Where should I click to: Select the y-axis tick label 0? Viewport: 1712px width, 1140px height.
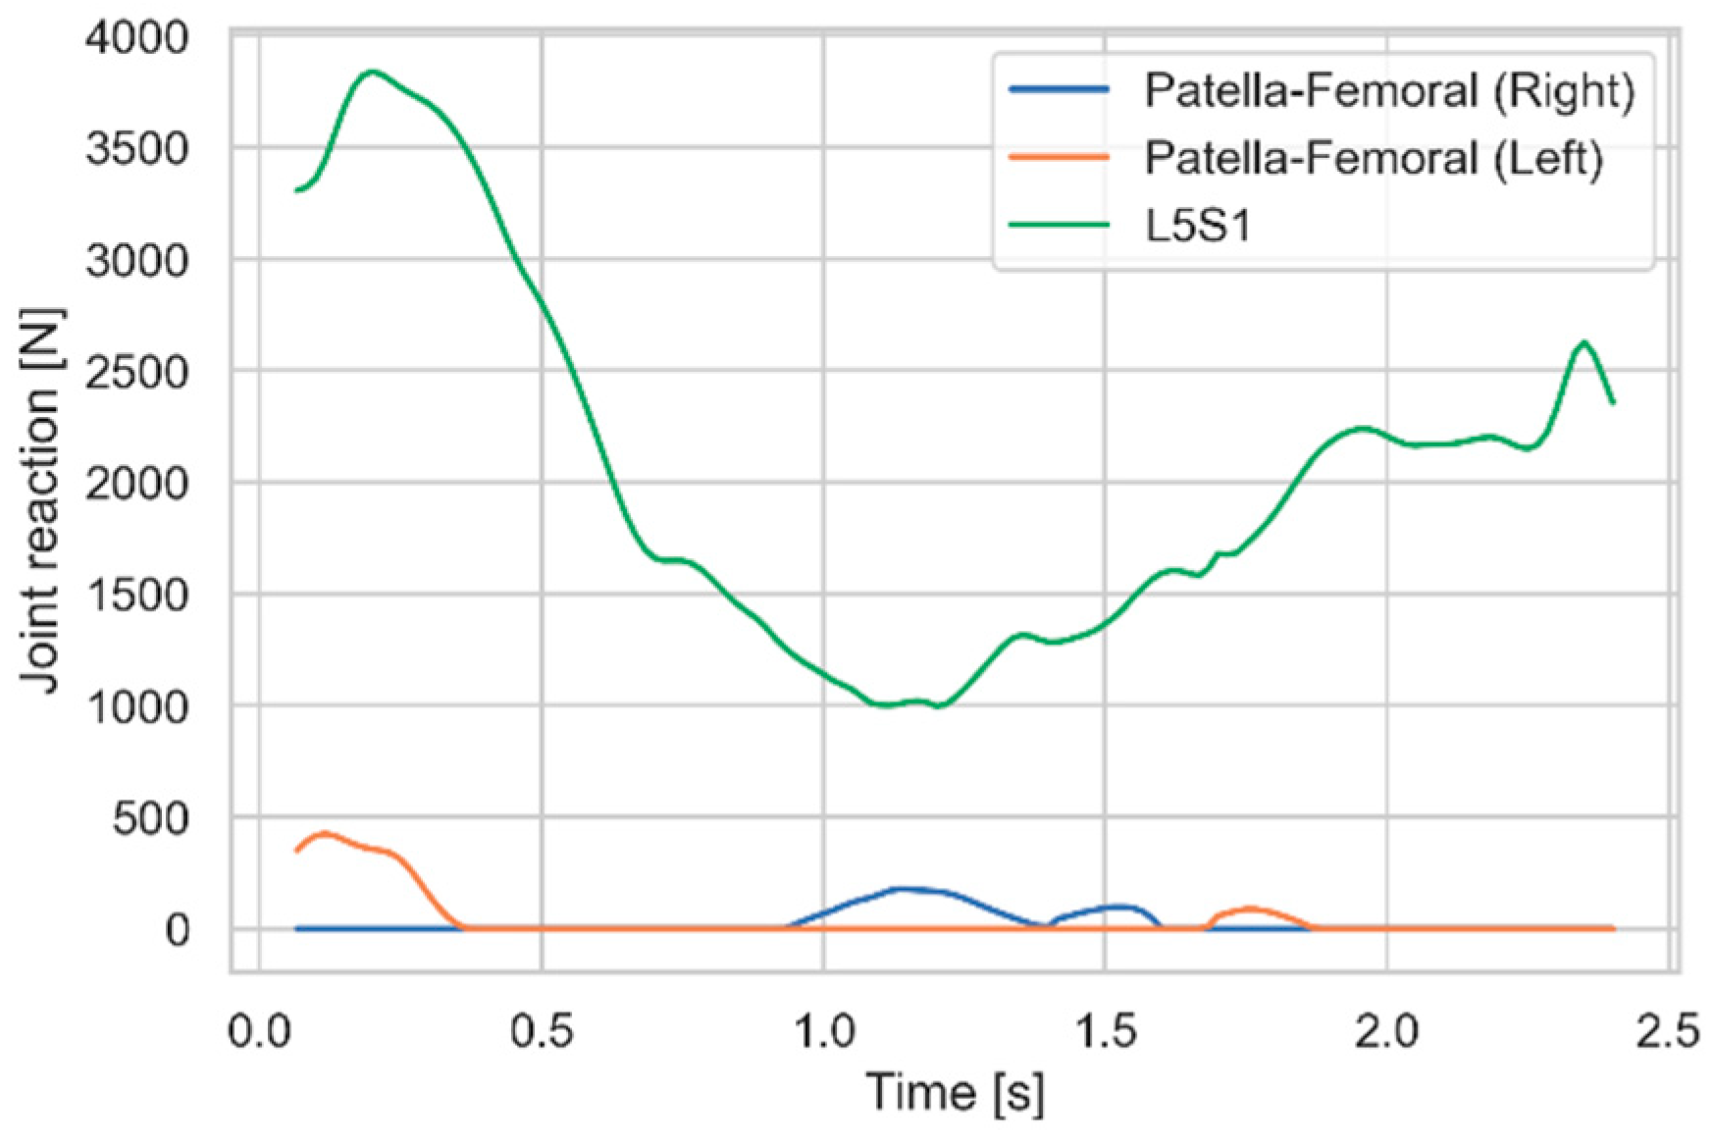coord(178,929)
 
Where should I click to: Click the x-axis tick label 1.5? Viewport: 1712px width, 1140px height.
coord(1105,1032)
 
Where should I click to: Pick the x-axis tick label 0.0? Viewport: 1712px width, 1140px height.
coord(259,1032)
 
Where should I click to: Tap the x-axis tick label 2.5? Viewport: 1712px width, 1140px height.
coord(1668,1032)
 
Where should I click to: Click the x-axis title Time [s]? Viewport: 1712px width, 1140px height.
coord(955,1093)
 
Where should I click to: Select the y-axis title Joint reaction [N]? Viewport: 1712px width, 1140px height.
coord(41,500)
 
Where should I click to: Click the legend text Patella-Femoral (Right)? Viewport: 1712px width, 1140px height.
coord(1389,90)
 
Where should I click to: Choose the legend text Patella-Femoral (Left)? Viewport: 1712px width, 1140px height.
coord(1374,158)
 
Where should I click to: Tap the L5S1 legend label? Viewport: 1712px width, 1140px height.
coord(1199,226)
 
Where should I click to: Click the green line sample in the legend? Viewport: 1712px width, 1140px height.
coord(1059,225)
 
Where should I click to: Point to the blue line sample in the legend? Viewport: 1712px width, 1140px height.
coord(1059,89)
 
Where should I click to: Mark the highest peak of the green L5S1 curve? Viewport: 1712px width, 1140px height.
coord(372,72)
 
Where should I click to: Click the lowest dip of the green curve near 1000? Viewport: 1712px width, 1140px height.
coord(939,705)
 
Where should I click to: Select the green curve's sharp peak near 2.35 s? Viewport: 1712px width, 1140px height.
coord(1583,342)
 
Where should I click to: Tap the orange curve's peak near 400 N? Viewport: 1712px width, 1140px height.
coord(325,834)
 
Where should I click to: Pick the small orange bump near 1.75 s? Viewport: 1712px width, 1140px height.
coord(1248,908)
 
